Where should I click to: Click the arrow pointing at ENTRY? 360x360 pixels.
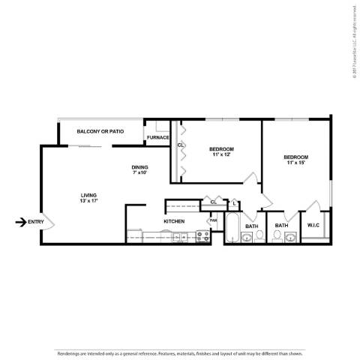[x=20, y=221]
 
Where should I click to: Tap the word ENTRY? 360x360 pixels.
[x=36, y=221]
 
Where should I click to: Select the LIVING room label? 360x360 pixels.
[x=88, y=195]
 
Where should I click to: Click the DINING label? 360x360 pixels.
[x=139, y=166]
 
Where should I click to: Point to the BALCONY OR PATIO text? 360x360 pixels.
[x=100, y=131]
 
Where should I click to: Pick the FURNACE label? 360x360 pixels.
[x=157, y=137]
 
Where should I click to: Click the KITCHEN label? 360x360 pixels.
[x=174, y=221]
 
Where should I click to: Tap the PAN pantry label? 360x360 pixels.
[x=213, y=220]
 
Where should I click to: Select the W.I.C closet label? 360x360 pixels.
[x=313, y=225]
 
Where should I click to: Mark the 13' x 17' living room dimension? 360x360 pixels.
[x=88, y=201]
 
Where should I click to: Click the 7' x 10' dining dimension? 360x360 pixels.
[x=139, y=172]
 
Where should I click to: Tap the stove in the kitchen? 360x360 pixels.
[x=201, y=236]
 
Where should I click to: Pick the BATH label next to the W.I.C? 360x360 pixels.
[x=281, y=225]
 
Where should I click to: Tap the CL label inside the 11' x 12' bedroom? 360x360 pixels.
[x=180, y=145]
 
